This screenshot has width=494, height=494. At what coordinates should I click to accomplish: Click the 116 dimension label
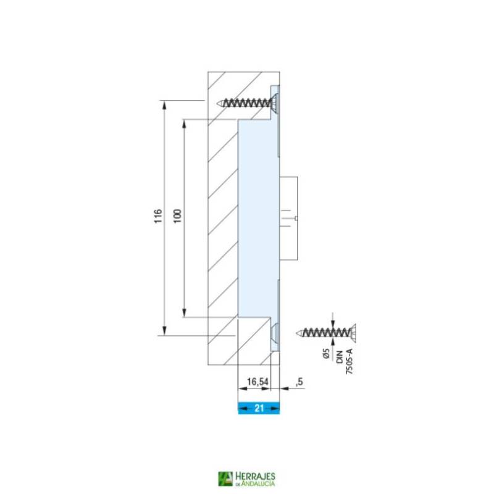tap(158, 217)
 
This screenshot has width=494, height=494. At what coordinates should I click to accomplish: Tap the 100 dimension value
tap(178, 217)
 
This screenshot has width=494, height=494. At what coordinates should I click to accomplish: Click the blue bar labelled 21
tap(259, 408)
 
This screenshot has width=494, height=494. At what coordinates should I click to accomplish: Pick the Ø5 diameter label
tap(325, 355)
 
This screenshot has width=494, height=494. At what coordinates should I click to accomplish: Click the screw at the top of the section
tap(247, 103)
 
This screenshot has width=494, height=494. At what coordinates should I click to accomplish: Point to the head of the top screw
tap(274, 103)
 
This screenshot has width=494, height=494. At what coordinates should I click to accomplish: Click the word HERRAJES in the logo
tap(255, 476)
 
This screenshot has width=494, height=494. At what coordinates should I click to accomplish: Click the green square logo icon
tap(225, 479)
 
